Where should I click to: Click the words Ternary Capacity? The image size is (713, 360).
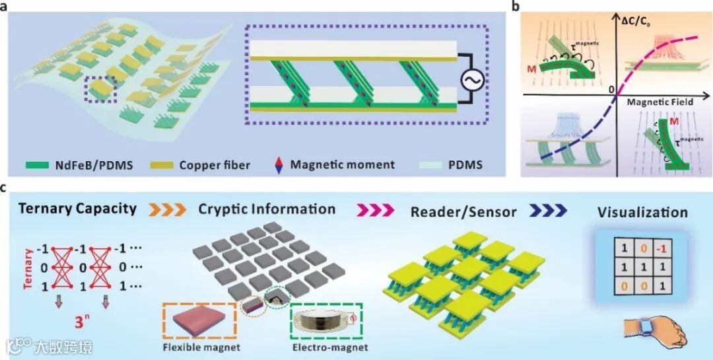point(77,209)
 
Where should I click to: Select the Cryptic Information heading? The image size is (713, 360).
point(267,209)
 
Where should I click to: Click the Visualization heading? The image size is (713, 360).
point(643,213)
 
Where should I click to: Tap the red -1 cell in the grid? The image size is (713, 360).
point(662,249)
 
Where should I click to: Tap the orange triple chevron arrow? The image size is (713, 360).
point(168,210)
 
